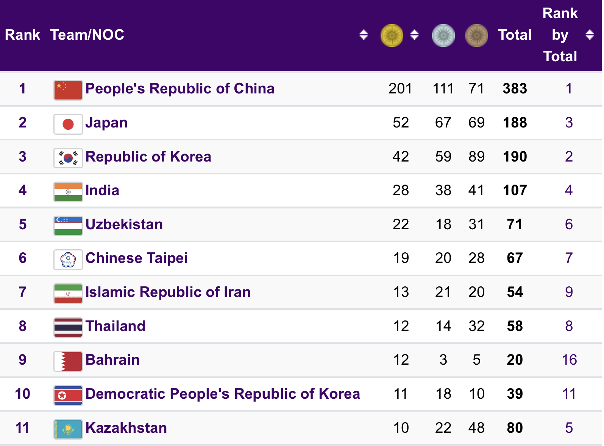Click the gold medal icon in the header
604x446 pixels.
coord(392,35)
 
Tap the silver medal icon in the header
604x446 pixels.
coord(443,35)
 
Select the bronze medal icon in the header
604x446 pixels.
coord(476,35)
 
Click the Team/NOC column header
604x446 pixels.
coord(87,35)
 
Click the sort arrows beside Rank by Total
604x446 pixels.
coord(589,35)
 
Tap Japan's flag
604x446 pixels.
coord(68,124)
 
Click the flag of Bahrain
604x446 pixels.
coord(68,361)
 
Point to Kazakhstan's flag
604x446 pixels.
coord(68,429)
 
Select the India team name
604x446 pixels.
coord(102,190)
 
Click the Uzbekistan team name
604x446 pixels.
coord(124,224)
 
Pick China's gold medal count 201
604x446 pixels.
coord(400,89)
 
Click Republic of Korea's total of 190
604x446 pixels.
coord(515,157)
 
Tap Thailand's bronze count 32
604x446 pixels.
coord(476,326)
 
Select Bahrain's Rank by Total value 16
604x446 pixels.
coord(569,360)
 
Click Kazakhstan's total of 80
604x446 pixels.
coord(515,428)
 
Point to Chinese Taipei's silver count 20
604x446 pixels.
coord(443,258)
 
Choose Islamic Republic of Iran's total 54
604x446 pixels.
coord(515,292)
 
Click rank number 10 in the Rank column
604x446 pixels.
coord(22,394)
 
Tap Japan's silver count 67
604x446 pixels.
coord(443,123)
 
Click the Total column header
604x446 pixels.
coord(515,35)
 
